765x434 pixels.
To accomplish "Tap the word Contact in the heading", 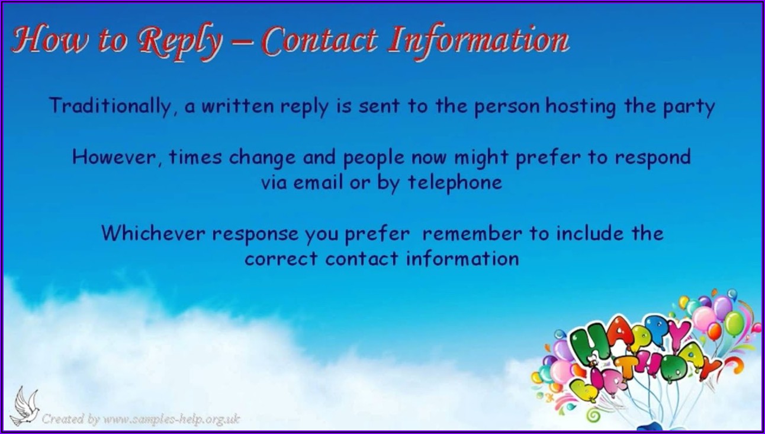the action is pyautogui.click(x=320, y=40).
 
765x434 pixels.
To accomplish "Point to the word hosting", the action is pyautogui.click(x=581, y=106).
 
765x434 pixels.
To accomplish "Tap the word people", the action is pyautogui.click(x=374, y=158).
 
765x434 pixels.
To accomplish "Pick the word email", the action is pyautogui.click(x=318, y=181).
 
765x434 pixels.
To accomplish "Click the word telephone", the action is pyautogui.click(x=455, y=183).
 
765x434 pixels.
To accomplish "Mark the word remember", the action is pyautogui.click(x=472, y=234).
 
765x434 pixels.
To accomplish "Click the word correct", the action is pyautogui.click(x=281, y=259).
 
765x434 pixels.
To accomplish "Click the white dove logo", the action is pyautogui.click(x=25, y=406).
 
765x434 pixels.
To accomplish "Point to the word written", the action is pyautogui.click(x=237, y=106).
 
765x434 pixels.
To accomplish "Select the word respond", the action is pyautogui.click(x=652, y=158).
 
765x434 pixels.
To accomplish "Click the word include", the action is pyautogui.click(x=590, y=233).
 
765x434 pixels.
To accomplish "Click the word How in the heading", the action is pyautogui.click(x=50, y=39).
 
